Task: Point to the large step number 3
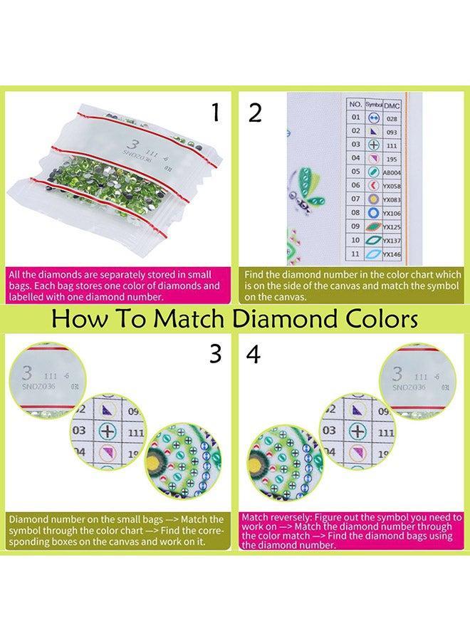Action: [214, 354]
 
